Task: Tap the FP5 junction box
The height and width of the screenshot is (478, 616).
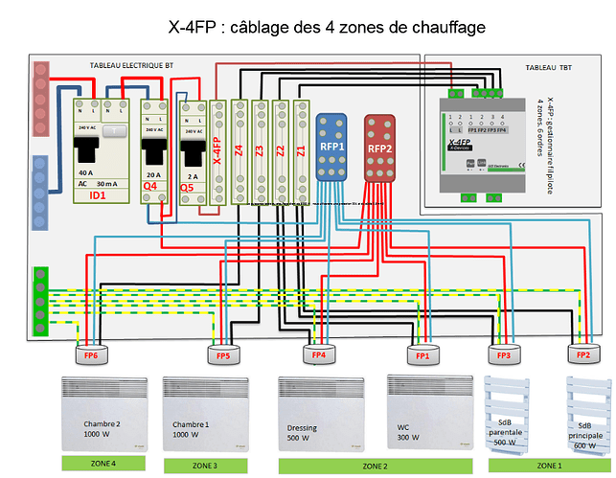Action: point(222,355)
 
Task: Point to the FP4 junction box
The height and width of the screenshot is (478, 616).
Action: point(319,355)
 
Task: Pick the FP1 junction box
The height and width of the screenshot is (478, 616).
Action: point(422,355)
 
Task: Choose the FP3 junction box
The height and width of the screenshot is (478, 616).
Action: point(504,354)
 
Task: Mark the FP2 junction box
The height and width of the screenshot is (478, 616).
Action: point(582,354)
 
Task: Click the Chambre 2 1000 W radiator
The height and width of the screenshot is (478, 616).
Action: point(103,413)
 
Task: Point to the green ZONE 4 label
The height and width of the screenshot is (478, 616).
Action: point(103,464)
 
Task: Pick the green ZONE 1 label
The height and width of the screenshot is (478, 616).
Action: point(549,465)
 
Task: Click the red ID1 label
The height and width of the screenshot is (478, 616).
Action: point(97,195)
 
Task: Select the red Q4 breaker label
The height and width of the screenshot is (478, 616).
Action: point(149,186)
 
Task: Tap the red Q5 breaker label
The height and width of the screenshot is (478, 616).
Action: point(190,187)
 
